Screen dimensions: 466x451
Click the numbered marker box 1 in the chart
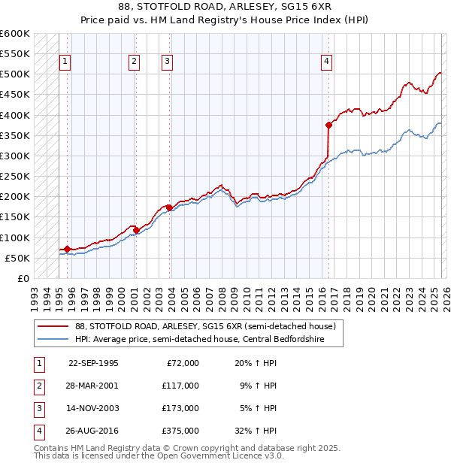66,62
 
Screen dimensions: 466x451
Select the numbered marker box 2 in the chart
134,62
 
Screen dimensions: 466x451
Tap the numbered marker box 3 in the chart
167,62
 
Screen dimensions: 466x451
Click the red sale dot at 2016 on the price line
328,125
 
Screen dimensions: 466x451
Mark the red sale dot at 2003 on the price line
169,207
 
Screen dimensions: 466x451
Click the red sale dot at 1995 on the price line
67,249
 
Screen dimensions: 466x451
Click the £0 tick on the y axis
22,278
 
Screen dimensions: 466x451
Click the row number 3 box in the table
37,408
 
